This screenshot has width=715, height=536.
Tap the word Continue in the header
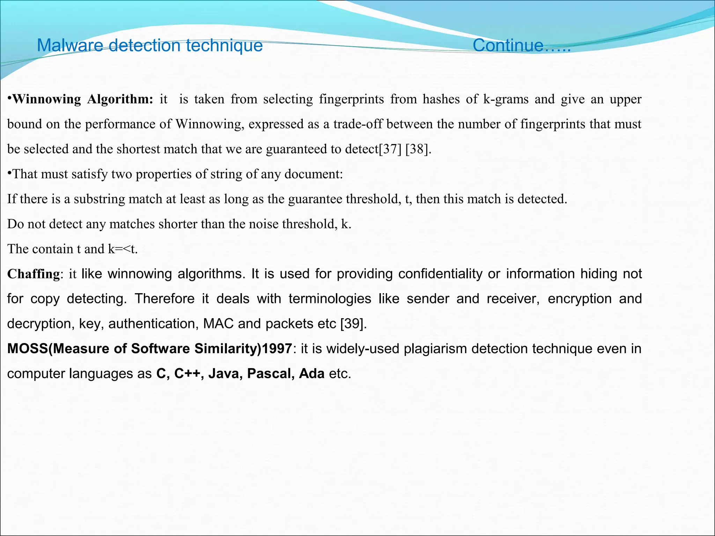coord(508,46)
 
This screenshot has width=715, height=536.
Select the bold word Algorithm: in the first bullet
coord(120,99)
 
